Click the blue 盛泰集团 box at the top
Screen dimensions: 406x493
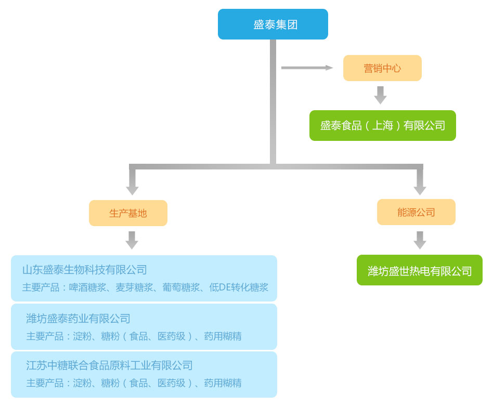pos(273,24)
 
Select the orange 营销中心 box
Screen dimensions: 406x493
pos(382,68)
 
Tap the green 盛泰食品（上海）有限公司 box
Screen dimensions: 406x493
pos(382,125)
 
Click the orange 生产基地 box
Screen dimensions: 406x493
pos(128,213)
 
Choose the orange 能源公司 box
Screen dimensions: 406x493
pos(416,212)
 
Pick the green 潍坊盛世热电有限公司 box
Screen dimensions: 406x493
pos(419,270)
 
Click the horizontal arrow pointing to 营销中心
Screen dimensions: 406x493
pos(307,68)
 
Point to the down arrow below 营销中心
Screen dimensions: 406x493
pos(381,96)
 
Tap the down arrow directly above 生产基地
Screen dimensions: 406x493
pos(133,183)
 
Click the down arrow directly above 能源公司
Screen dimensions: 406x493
pos(420,183)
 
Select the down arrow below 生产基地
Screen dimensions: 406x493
pos(132,240)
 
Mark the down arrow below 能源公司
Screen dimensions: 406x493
pos(420,240)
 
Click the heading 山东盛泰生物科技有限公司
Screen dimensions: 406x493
pos(85,270)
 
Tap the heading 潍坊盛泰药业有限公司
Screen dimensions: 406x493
pos(78,319)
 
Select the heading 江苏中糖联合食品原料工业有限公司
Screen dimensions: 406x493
pos(109,365)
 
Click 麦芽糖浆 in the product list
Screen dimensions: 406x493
pos(134,287)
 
